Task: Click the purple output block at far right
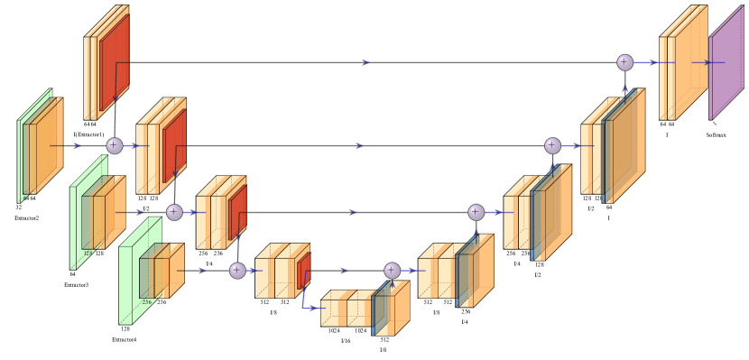[x=726, y=63]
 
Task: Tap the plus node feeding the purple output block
[x=624, y=62]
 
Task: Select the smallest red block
[x=303, y=271]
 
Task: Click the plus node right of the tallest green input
[x=114, y=145]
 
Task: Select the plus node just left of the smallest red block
[x=237, y=270]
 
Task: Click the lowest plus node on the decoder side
[x=392, y=270]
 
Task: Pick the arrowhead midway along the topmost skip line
[x=365, y=63]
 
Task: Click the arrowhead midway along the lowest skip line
[x=344, y=271]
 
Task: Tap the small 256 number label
[x=145, y=302]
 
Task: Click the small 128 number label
[x=88, y=254]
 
